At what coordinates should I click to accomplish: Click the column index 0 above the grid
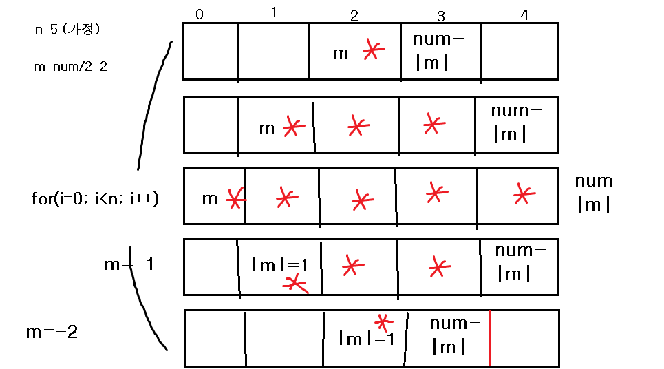click(199, 14)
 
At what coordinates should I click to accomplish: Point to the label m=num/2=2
click(70, 67)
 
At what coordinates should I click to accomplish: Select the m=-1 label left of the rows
click(127, 264)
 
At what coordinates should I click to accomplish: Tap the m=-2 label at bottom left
click(52, 333)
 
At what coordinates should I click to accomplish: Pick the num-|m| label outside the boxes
click(600, 192)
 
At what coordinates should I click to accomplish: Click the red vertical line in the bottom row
click(489, 337)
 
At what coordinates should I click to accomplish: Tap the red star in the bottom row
click(383, 321)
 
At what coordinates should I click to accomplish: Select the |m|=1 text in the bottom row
click(365, 338)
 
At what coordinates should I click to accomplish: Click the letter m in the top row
click(341, 53)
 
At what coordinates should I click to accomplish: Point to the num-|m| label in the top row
click(438, 50)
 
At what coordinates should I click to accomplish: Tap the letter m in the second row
click(267, 128)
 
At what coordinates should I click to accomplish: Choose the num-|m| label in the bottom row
click(455, 335)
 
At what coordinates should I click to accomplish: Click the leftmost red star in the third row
click(235, 200)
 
